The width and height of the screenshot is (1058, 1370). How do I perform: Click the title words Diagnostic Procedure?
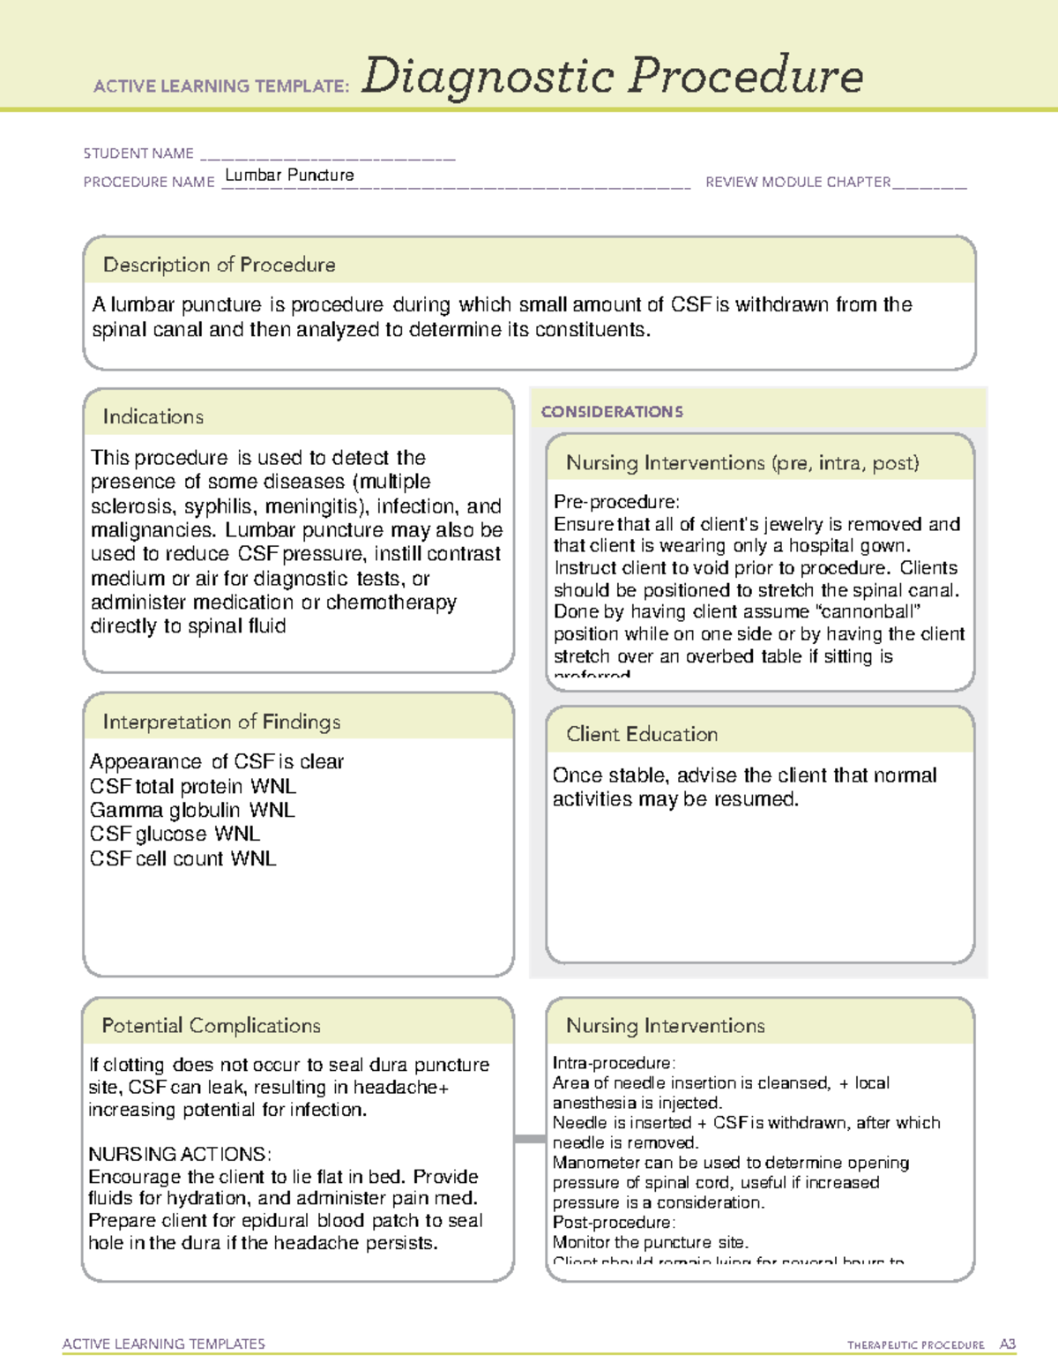coord(612,76)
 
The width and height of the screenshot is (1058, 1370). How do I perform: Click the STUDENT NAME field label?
coord(138,153)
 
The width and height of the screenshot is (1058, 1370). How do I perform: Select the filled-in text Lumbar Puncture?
coord(289,176)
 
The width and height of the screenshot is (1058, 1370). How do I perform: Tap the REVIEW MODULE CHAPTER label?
coord(798,183)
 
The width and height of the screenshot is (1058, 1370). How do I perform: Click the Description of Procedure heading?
coord(219,265)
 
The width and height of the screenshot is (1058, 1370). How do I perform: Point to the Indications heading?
coord(153,416)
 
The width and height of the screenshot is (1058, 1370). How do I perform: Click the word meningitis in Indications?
coord(317,506)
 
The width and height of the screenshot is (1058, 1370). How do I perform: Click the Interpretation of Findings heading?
coord(221,722)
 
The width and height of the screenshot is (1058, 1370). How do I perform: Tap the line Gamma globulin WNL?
coord(192,810)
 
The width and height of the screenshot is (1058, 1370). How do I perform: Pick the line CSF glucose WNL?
coord(175,834)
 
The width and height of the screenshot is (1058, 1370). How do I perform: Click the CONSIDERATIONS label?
coord(612,412)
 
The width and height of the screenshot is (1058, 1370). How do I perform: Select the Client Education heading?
coord(642,734)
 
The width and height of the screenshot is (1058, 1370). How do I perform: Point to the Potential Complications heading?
coord(211,1025)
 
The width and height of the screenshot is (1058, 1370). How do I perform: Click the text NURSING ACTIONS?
coord(180,1154)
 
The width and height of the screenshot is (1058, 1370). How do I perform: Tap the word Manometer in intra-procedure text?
coord(596,1163)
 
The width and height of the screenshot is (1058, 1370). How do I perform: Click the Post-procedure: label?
coord(614,1223)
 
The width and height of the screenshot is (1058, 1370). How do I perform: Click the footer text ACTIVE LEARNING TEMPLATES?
coord(164,1344)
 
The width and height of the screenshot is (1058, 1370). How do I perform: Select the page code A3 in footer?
coord(1007,1344)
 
